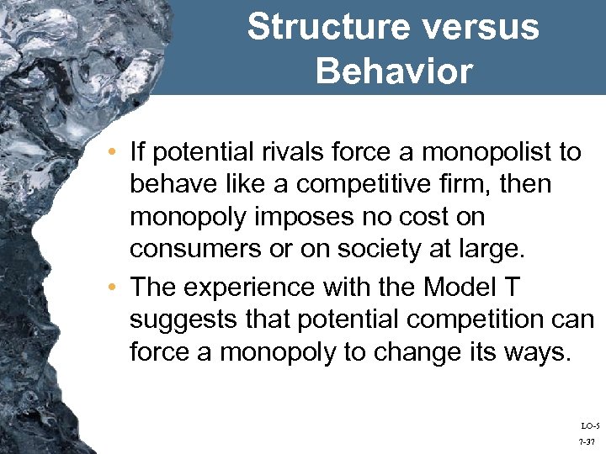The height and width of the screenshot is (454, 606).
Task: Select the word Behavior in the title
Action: click(x=394, y=71)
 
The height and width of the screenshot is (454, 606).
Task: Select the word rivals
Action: click(x=295, y=152)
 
